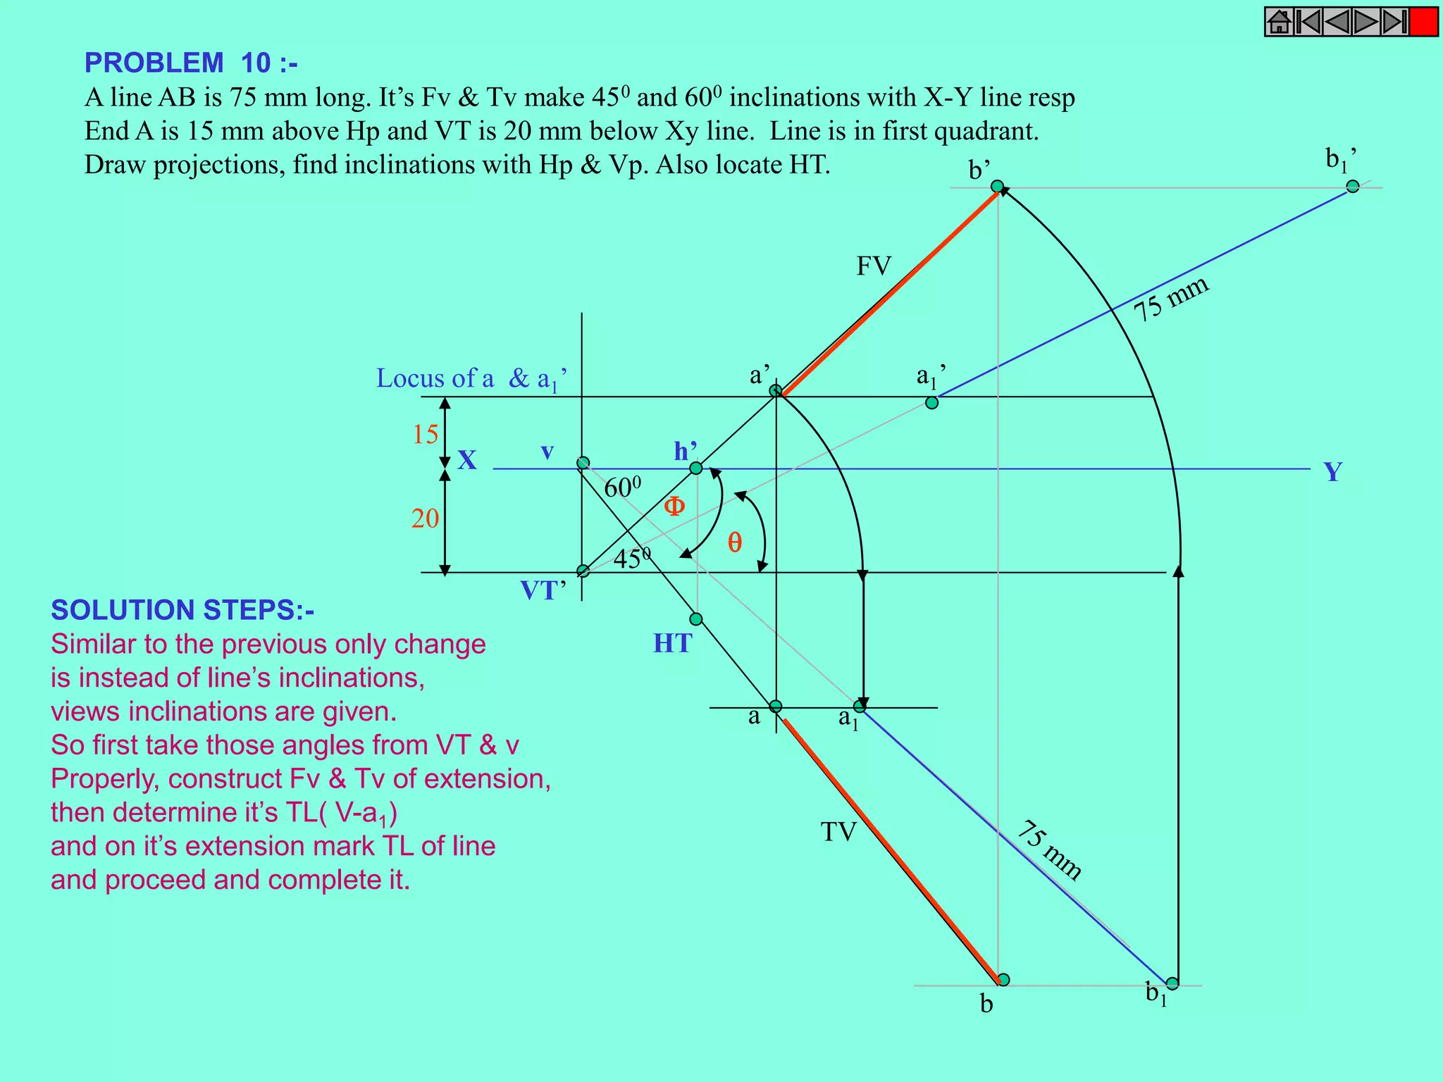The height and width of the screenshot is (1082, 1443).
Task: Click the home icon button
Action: pos(1279,22)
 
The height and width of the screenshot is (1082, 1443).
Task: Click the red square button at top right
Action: pos(1424,22)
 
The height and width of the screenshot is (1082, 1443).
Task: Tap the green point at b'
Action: pos(997,186)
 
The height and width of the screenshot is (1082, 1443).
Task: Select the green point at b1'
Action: pos(1352,186)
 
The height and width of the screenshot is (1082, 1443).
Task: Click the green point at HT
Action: pos(696,619)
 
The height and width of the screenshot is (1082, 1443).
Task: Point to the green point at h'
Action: pos(695,468)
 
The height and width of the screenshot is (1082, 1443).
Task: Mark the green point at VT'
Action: pos(583,571)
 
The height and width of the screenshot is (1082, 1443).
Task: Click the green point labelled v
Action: pos(583,463)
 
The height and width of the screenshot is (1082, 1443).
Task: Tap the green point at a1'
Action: pos(931,403)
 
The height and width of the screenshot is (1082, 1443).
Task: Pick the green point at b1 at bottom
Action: pos(1172,983)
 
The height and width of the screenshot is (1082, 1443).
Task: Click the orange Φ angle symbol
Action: pos(674,506)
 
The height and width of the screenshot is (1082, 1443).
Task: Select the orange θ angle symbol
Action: pos(735,542)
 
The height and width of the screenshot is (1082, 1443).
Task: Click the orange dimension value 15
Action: pos(426,435)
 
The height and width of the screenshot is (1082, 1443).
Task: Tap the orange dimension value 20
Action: pos(425,519)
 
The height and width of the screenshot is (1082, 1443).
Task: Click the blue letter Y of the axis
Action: pos(1332,472)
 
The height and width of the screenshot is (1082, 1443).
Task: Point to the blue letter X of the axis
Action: pos(467,461)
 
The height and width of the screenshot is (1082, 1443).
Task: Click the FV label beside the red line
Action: pos(874,266)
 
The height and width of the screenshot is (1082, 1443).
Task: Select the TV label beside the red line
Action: pos(838,833)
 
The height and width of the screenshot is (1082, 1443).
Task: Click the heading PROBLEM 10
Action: pos(191,63)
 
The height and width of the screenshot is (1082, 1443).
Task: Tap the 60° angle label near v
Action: pos(622,487)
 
